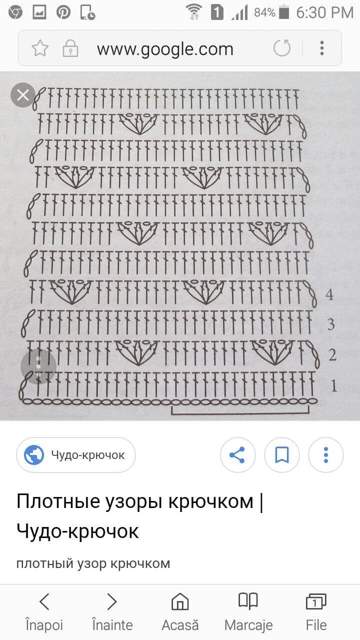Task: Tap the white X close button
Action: tap(23, 95)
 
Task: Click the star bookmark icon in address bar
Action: tap(40, 48)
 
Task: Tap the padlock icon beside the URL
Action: tap(70, 48)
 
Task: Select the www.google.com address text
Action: tap(165, 49)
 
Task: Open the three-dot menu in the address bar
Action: tap(322, 48)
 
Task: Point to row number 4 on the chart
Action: tap(329, 294)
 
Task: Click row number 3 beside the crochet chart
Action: tap(331, 324)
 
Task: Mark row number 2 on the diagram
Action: tap(332, 355)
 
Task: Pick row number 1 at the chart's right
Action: tap(333, 386)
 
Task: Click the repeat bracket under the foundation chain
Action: tap(240, 413)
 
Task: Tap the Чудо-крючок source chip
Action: tap(75, 455)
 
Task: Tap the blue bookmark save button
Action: tap(282, 455)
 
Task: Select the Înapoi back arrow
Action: tap(44, 601)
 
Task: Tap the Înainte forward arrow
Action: tap(112, 601)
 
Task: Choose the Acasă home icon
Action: tap(180, 601)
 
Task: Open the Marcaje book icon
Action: tap(248, 601)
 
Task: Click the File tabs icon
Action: tap(316, 601)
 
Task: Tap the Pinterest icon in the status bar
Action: tap(63, 12)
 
